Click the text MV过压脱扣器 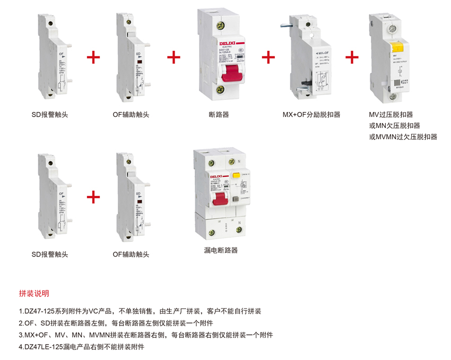click(x=391, y=114)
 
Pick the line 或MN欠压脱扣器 click(x=394, y=125)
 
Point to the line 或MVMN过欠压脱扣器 click(x=403, y=136)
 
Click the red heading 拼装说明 click(x=34, y=293)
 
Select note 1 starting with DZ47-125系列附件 click(x=140, y=311)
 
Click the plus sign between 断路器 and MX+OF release click(x=268, y=57)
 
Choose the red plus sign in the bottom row click(x=93, y=197)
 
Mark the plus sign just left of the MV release click(x=352, y=57)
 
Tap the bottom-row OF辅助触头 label click(x=131, y=254)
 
